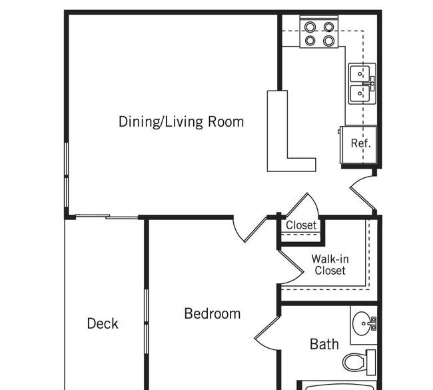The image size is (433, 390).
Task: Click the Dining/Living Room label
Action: (181, 122)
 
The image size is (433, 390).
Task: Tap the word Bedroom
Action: (213, 314)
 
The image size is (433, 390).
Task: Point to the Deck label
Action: (103, 323)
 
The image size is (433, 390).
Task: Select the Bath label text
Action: (324, 344)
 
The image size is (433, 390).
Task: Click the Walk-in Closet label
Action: (330, 265)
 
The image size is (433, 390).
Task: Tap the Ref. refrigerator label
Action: (360, 143)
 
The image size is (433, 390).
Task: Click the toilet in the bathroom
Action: (359, 362)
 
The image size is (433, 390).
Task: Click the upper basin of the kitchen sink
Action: (360, 74)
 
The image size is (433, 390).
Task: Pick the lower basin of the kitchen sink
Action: (360, 93)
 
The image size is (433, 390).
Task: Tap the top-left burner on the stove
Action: (310, 27)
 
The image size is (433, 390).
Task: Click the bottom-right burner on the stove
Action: (328, 41)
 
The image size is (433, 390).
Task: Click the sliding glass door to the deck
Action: (107, 217)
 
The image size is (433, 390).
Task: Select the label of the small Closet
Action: (301, 225)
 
